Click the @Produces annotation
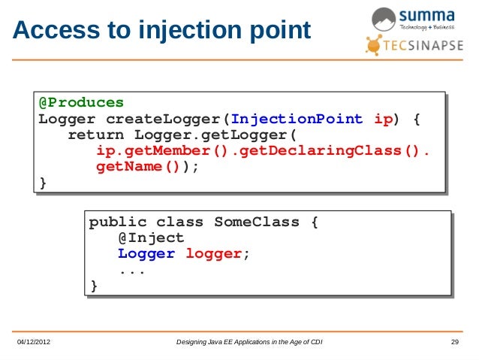tap(81, 102)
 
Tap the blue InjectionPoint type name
tap(297, 119)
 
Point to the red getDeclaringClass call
tap(331, 151)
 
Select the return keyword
tap(97, 135)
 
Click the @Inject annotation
tap(151, 238)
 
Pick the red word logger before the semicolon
tap(213, 254)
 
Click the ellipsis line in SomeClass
tap(132, 270)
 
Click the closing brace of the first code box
tap(43, 183)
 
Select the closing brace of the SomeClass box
tap(94, 286)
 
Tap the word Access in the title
tap(50, 31)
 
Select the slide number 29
tap(454, 343)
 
